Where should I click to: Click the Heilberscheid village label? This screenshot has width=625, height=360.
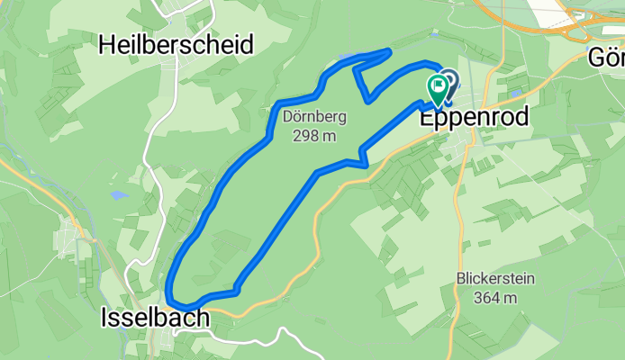(176, 43)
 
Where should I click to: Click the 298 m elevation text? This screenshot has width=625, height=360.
(314, 137)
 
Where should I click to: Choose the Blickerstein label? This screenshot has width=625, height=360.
(496, 279)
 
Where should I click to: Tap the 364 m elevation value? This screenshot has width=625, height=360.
(496, 298)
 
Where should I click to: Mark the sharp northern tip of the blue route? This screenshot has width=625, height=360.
(389, 50)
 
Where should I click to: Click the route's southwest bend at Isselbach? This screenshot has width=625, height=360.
(170, 299)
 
